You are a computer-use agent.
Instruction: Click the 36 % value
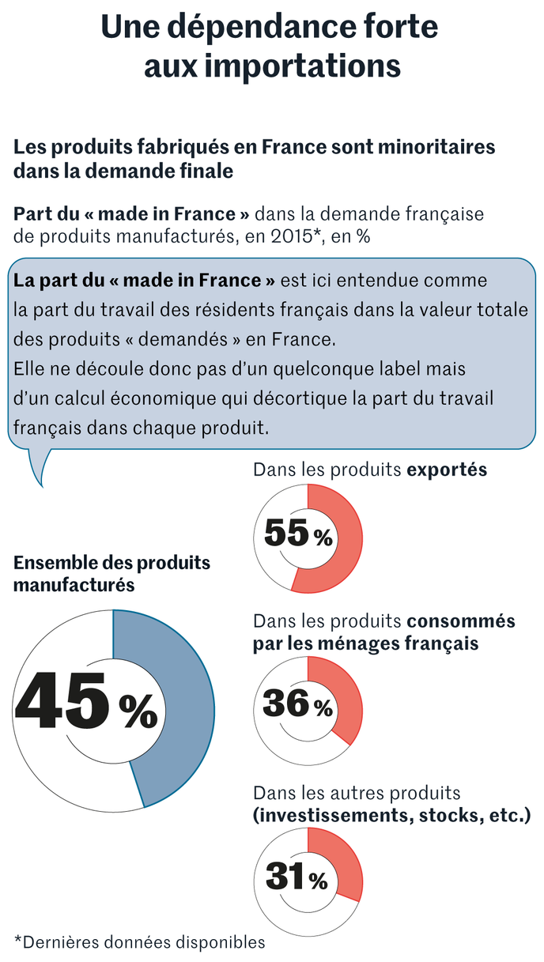(x=297, y=704)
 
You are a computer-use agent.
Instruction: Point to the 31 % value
(x=297, y=877)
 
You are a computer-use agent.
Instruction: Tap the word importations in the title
(x=308, y=66)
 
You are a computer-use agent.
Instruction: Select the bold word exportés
(x=447, y=470)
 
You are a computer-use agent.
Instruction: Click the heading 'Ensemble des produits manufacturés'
(x=111, y=574)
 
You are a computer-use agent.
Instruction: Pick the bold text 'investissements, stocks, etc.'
(x=392, y=814)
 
